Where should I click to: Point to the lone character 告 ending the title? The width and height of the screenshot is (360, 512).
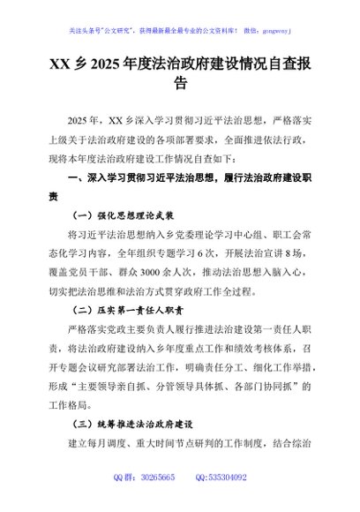tap(180, 84)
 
